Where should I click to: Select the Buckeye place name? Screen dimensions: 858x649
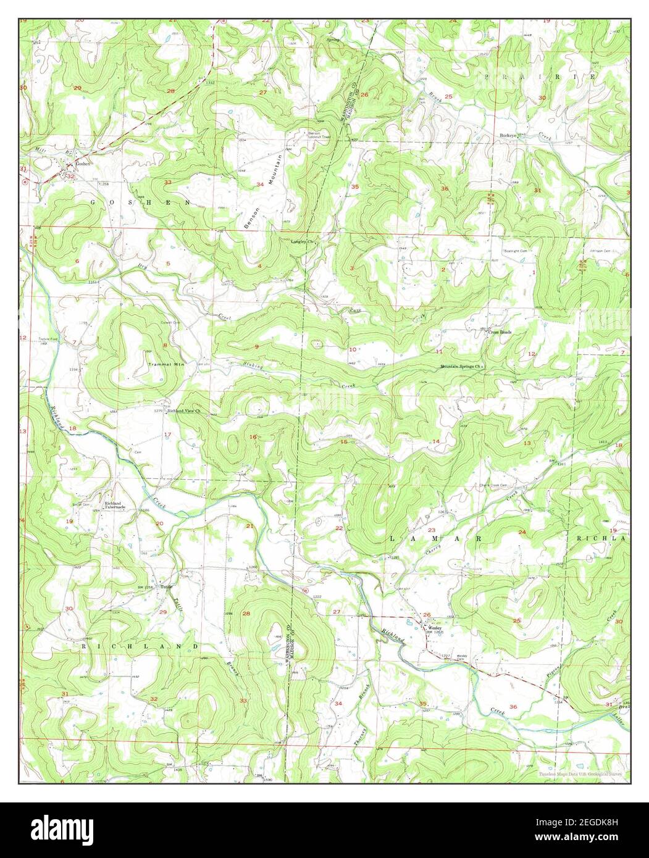pyautogui.click(x=508, y=135)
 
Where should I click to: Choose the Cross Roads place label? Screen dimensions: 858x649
pyautogui.click(x=500, y=332)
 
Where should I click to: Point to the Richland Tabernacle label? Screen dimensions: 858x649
pyautogui.click(x=115, y=505)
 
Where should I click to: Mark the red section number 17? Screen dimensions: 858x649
pyautogui.click(x=167, y=435)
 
